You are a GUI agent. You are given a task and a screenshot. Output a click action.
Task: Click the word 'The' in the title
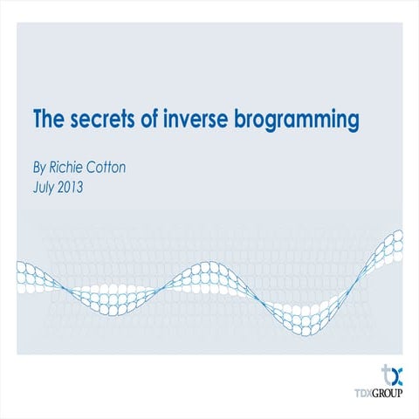pos(49,119)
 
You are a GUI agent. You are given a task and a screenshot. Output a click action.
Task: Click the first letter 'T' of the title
pos(38,119)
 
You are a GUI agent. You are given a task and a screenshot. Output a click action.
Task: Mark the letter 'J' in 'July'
pos(35,185)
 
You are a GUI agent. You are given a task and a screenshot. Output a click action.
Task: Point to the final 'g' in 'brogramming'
pos(353,121)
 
